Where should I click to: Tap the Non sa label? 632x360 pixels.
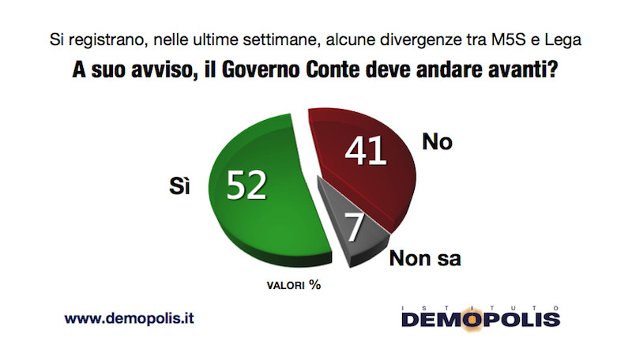tap(425, 257)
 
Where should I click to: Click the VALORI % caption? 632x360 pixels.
tap(292, 286)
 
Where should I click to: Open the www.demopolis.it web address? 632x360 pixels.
tap(129, 319)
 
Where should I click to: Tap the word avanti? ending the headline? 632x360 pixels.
tap(523, 69)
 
